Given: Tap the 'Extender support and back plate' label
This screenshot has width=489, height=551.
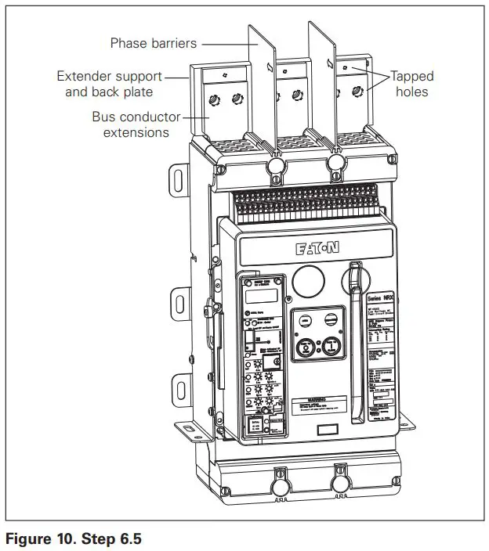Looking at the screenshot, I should coord(110,84).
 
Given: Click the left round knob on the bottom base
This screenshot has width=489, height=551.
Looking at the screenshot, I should coord(279,485).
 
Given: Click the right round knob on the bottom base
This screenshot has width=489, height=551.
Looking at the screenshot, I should coord(341,484).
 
